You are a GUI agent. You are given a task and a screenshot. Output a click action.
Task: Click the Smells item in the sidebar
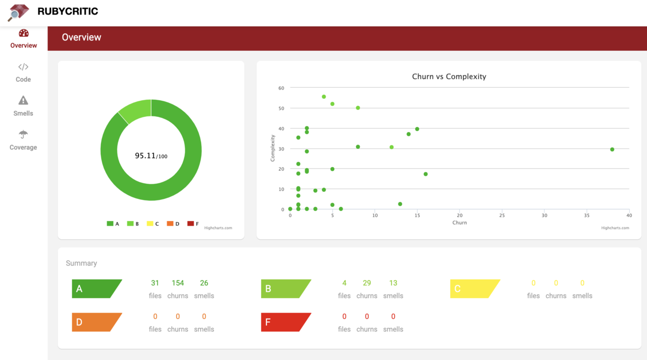tap(23, 106)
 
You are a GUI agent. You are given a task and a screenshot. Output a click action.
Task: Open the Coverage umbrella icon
tap(23, 134)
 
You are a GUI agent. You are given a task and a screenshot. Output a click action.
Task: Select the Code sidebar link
tap(23, 73)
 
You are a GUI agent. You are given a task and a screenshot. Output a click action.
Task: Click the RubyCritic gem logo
tap(18, 12)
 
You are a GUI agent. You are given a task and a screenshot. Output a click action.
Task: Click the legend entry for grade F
tap(193, 224)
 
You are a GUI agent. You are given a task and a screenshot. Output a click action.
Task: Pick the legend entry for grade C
tap(153, 224)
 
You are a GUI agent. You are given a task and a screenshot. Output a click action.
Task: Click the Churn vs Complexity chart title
tap(449, 77)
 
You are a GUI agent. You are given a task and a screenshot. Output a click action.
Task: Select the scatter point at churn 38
tap(612, 149)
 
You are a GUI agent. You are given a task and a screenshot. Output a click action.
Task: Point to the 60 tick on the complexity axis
tap(281, 88)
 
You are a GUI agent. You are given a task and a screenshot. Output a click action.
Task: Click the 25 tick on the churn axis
tap(502, 216)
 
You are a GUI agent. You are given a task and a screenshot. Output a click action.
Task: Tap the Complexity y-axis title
tap(273, 148)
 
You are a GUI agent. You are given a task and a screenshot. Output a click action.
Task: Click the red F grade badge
tap(285, 322)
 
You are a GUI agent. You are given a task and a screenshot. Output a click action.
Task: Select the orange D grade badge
tap(96, 322)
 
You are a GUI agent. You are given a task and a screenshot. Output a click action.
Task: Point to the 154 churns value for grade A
tap(177, 283)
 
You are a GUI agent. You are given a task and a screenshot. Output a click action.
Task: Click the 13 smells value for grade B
tap(393, 283)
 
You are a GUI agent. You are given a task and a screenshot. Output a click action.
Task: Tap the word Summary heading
tap(81, 263)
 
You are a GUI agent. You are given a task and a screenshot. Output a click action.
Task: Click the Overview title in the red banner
tap(81, 37)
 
